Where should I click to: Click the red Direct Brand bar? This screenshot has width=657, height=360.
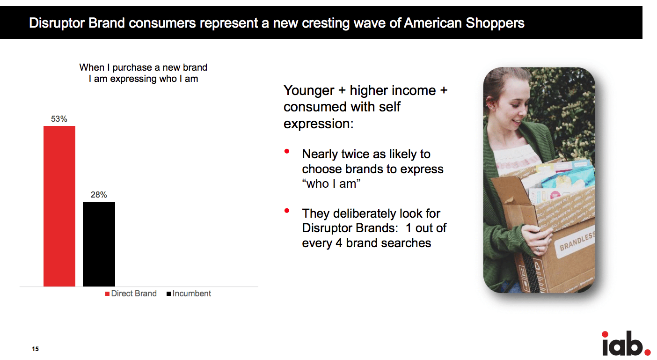pos(59,206)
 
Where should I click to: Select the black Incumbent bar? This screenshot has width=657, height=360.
pos(99,244)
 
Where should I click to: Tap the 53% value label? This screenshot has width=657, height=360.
pos(59,119)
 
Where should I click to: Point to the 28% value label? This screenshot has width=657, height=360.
pos(99,195)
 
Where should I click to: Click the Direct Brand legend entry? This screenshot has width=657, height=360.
pos(131,294)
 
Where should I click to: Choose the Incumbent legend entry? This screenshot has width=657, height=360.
pos(189,294)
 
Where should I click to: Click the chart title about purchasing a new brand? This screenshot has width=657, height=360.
pos(143,73)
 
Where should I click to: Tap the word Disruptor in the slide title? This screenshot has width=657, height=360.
pos(57,23)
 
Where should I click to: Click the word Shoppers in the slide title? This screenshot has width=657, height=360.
pos(495,23)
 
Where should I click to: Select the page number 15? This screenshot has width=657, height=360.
pos(35,349)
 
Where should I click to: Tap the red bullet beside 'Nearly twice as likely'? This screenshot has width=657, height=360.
pos(287,151)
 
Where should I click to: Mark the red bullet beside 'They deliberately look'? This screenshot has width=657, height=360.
pos(287,211)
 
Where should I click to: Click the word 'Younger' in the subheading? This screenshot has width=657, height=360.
pos(308,91)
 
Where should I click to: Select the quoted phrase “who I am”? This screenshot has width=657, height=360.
pos(331,184)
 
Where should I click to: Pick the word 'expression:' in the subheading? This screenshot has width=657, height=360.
pos(319,124)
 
